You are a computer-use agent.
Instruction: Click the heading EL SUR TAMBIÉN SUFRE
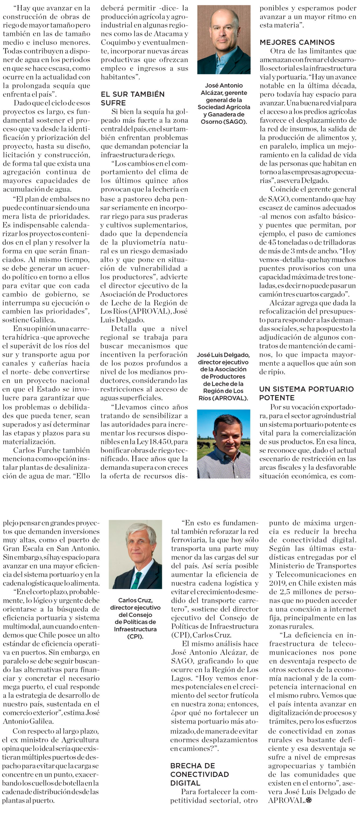tap(132, 98)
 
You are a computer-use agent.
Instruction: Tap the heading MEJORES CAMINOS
tap(297, 42)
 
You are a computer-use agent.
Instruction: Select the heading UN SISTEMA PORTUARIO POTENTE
tap(306, 393)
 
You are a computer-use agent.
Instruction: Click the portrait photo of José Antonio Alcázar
tap(224, 39)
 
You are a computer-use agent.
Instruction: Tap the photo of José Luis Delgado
tap(224, 444)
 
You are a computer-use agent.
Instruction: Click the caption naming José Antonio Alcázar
tap(224, 104)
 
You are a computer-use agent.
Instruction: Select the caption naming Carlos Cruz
tap(135, 618)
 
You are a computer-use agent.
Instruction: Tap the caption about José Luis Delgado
tap(223, 377)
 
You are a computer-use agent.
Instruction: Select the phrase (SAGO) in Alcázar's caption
tap(235, 122)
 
